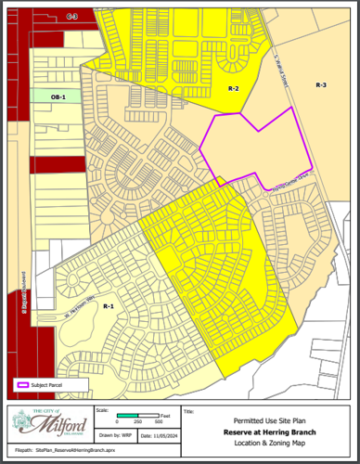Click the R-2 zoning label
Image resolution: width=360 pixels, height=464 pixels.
coord(234,89)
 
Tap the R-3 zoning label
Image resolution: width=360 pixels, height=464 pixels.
coord(321,84)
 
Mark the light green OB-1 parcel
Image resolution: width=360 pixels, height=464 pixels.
coord(56,95)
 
